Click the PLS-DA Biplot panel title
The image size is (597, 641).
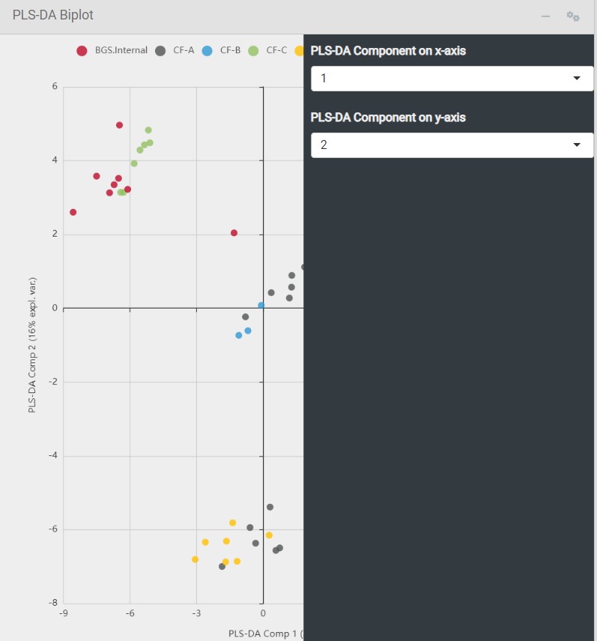pos(53,15)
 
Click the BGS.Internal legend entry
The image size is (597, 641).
pos(112,51)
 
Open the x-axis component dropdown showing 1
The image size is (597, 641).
pos(452,79)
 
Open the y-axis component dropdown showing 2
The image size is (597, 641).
pos(452,145)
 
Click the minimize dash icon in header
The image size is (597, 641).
pos(545,16)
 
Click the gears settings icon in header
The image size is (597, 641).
pos(573,16)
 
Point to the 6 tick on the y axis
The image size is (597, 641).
pos(55,86)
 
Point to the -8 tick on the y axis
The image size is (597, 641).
pos(53,603)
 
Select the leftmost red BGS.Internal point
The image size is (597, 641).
pos(73,212)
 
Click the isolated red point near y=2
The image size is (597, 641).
pos(234,233)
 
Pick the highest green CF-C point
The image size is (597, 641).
pos(148,130)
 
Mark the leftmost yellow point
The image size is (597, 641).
pos(195,559)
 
